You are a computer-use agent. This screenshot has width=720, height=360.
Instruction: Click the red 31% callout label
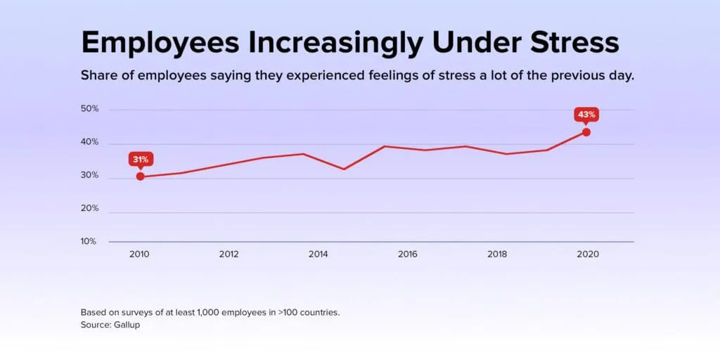tap(140, 159)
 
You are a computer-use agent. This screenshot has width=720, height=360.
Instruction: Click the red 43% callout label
tap(586, 114)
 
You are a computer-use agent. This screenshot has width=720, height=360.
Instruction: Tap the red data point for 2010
tap(140, 176)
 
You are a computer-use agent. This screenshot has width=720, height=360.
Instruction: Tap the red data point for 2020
tap(586, 132)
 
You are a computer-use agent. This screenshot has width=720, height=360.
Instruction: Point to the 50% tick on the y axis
tap(89, 110)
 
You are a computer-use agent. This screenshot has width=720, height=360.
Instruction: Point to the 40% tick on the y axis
tap(89, 143)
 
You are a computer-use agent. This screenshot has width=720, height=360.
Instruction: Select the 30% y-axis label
tap(89, 176)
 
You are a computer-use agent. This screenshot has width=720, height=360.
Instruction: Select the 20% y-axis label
tap(89, 209)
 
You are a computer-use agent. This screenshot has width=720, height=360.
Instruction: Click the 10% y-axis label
tap(89, 241)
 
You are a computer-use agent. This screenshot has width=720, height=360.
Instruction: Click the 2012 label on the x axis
tap(229, 254)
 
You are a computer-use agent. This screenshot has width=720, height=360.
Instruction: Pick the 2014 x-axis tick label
tap(318, 254)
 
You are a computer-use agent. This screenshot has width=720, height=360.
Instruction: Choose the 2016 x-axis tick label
tap(407, 254)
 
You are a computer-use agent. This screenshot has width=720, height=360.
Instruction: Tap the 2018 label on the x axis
tap(497, 254)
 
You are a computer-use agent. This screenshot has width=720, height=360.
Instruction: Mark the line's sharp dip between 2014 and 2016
tap(344, 169)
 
